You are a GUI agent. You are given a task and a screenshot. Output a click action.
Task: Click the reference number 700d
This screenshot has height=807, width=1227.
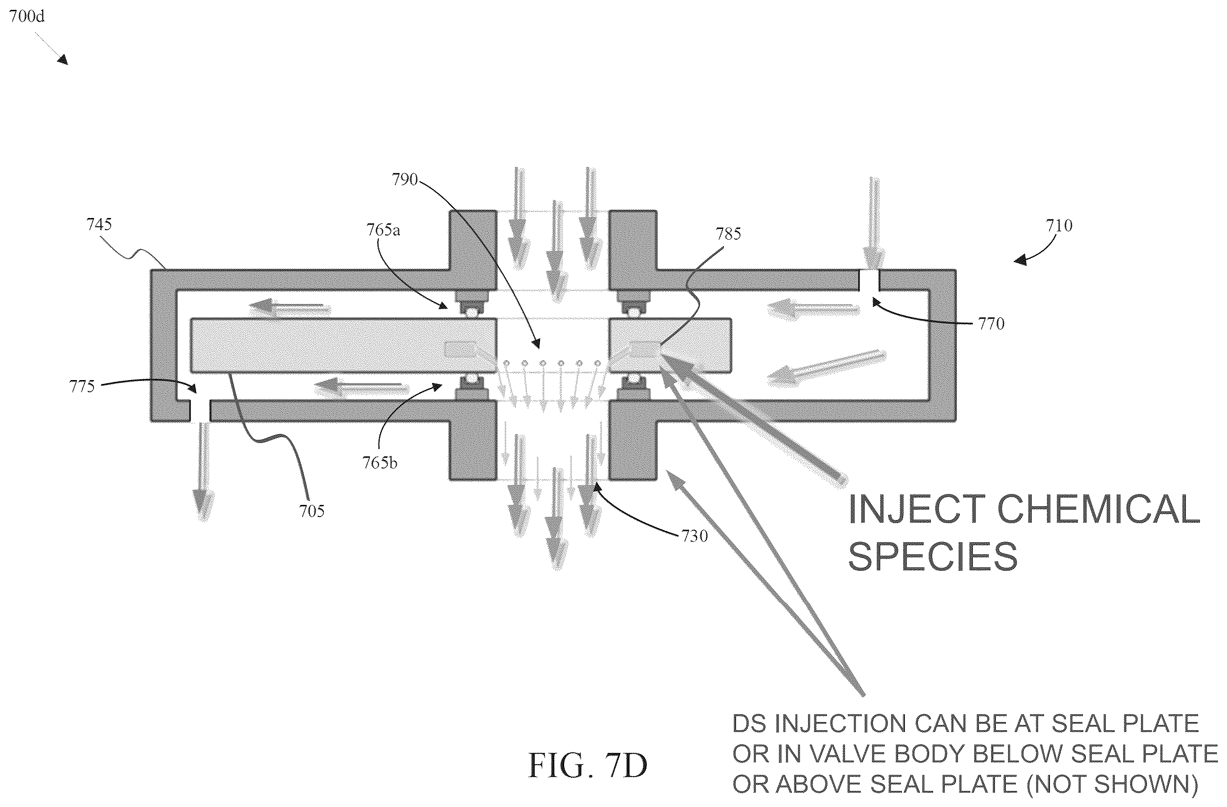point(27,16)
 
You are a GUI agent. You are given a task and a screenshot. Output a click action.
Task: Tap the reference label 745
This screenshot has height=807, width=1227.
point(99,225)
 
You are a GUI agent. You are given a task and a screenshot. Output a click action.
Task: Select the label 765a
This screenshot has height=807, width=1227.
point(383,230)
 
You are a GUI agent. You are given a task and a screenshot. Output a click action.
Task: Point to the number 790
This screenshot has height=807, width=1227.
point(405,179)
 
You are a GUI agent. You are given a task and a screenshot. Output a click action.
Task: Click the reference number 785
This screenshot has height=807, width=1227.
point(728,234)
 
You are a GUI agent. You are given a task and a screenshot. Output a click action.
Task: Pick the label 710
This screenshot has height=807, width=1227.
point(1059,225)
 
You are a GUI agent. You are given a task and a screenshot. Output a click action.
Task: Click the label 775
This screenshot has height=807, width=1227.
point(82,387)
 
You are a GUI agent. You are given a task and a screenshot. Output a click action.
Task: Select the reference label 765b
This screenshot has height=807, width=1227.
point(380,463)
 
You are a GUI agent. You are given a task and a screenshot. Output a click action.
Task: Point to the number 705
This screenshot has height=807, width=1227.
point(311,511)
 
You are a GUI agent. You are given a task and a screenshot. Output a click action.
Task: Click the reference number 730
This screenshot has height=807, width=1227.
point(694,537)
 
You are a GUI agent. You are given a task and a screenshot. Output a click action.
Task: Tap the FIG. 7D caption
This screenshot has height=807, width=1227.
point(587,766)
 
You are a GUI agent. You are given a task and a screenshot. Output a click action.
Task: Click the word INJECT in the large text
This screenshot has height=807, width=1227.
point(917,509)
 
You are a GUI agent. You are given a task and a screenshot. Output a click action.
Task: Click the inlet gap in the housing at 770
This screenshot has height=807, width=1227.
point(869,280)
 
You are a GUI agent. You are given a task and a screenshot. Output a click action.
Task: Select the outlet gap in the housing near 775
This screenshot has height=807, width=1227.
point(200,411)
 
